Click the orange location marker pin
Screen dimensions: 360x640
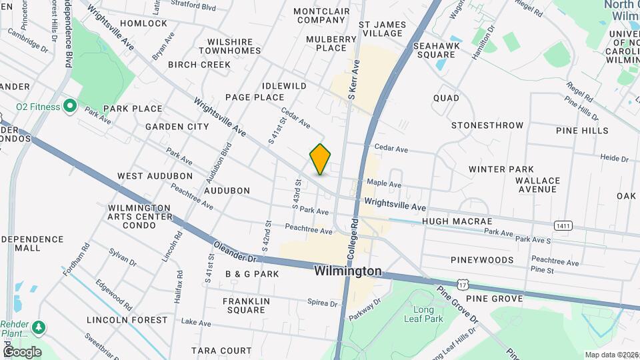point(320,159)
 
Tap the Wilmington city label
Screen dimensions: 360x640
point(348,271)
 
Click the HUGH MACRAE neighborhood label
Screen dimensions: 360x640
point(457,221)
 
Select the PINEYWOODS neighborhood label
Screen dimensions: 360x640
point(482,260)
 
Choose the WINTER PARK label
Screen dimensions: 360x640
point(497,169)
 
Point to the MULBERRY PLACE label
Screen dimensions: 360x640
point(331,43)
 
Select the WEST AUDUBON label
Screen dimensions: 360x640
point(155,176)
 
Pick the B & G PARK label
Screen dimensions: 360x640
point(252,274)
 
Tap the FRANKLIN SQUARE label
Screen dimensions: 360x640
point(247,305)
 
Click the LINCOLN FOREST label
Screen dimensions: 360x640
point(127,320)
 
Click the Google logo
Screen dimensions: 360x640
point(21,352)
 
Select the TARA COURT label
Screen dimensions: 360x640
point(221,351)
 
